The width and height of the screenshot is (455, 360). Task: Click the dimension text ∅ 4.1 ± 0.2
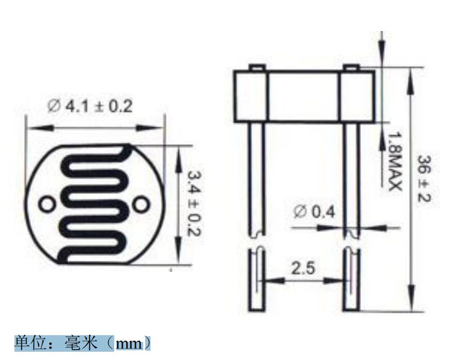89,106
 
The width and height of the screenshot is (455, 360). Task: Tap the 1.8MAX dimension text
395,162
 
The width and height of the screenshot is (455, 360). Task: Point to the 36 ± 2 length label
424,179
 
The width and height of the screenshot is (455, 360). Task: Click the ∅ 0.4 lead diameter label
314,211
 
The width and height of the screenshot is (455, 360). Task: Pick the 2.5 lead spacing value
302,268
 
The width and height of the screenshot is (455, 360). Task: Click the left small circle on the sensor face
47,205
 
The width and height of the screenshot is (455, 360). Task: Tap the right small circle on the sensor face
141,205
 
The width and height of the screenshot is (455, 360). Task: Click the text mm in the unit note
129,344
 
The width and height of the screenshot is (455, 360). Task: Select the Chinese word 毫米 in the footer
81,343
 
